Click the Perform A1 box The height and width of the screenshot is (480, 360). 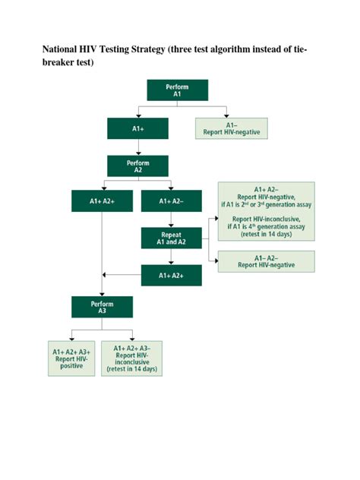tap(177, 90)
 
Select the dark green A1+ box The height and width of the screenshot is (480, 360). tap(137, 128)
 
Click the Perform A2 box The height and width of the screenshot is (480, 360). tap(137, 166)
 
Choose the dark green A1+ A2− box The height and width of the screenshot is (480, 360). tap(171, 201)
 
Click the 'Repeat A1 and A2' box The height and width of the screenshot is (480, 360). tap(171, 238)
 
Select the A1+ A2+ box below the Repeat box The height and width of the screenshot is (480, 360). tap(171, 275)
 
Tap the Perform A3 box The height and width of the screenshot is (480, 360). tap(102, 307)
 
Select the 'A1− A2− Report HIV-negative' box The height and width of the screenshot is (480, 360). tap(266, 261)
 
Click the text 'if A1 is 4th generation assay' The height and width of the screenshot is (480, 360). tap(266, 226)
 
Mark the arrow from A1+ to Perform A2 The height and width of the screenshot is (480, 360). tap(137, 147)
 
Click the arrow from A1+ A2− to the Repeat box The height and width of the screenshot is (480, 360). tap(171, 219)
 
